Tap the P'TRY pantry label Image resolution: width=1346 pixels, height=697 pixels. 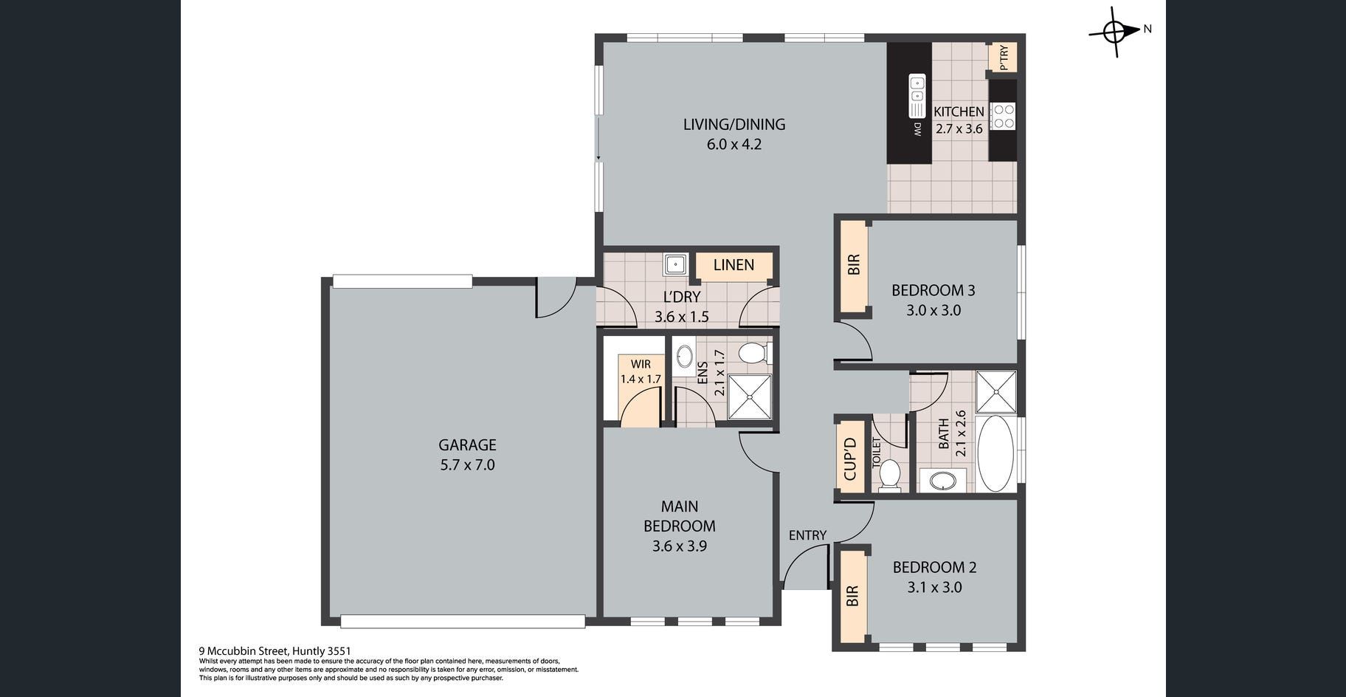(x=1004, y=58)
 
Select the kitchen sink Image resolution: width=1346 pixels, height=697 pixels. (x=917, y=96)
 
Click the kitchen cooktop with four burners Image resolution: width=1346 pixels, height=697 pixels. (x=1004, y=116)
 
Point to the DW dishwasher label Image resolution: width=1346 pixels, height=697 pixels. (x=918, y=129)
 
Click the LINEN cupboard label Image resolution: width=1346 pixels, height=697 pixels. (x=734, y=264)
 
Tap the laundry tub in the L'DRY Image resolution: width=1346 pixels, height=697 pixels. (x=675, y=264)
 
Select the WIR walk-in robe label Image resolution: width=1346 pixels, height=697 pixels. (x=641, y=364)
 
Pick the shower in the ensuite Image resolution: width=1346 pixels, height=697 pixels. (x=750, y=397)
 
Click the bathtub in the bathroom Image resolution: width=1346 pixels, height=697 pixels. (x=995, y=453)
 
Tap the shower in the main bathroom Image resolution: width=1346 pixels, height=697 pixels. (x=996, y=391)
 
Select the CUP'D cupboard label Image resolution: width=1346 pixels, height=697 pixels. (x=849, y=459)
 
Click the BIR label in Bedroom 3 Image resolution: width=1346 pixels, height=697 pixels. (x=854, y=265)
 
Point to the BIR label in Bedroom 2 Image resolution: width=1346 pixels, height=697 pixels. (x=852, y=596)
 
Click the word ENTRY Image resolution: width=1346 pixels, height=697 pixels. (x=807, y=535)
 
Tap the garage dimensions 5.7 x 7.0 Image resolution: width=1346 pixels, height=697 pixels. (x=467, y=464)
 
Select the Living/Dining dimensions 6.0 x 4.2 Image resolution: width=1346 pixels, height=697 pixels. (x=734, y=144)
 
